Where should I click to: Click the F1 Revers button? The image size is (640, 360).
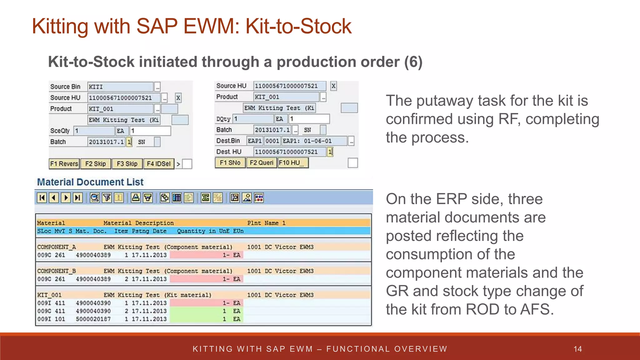click(x=64, y=164)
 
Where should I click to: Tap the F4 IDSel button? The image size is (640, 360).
click(x=158, y=164)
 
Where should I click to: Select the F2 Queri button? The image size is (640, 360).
click(x=261, y=163)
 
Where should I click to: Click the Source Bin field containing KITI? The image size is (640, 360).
click(x=120, y=87)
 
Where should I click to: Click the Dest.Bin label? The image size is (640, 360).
click(x=228, y=141)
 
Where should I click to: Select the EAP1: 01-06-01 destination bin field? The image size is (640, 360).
click(x=314, y=141)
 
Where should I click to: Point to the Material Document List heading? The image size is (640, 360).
click(x=90, y=182)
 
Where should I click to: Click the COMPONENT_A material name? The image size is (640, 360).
click(x=57, y=247)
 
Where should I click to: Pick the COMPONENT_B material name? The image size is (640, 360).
click(x=57, y=271)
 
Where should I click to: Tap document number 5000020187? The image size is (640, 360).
click(x=93, y=319)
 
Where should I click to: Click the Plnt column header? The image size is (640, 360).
click(x=254, y=223)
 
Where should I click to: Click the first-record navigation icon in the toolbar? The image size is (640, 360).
click(x=42, y=198)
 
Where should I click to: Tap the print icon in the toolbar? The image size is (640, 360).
click(x=135, y=198)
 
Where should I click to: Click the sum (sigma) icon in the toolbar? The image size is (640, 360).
click(x=205, y=198)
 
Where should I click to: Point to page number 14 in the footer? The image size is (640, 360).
click(x=577, y=349)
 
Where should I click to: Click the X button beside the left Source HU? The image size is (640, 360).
click(x=178, y=98)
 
